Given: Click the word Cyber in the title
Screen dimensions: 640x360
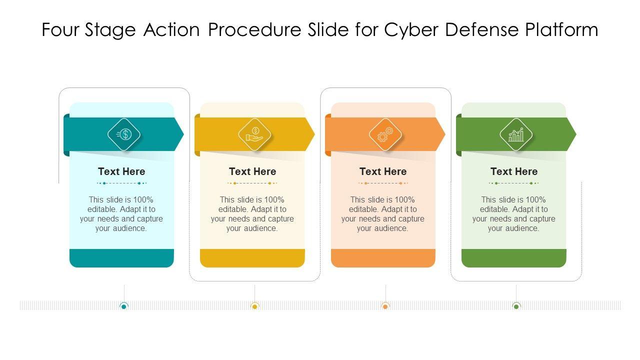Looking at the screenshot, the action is pyautogui.click(x=411, y=29).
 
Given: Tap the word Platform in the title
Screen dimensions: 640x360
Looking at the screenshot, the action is pyautogui.click(x=561, y=29).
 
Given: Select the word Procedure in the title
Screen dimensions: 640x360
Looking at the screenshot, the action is pyautogui.click(x=254, y=29).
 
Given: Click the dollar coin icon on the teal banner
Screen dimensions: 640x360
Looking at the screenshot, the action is pyautogui.click(x=124, y=134).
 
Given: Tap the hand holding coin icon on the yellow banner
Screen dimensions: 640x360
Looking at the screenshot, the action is pyautogui.click(x=254, y=134).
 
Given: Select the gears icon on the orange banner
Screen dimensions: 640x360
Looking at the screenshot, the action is pyautogui.click(x=385, y=134).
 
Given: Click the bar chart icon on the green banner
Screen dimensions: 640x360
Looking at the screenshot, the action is pyautogui.click(x=516, y=134).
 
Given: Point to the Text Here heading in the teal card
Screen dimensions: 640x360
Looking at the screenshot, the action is pyautogui.click(x=121, y=171).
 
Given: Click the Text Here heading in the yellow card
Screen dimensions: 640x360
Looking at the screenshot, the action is pyautogui.click(x=252, y=171).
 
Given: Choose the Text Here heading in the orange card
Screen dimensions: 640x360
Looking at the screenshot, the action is pyautogui.click(x=383, y=171).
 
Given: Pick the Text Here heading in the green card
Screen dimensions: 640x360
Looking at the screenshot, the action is pyautogui.click(x=514, y=171).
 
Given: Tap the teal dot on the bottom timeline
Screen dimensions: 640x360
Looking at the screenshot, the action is pyautogui.click(x=123, y=306).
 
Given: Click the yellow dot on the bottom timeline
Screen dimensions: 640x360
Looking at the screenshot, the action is pyautogui.click(x=254, y=306).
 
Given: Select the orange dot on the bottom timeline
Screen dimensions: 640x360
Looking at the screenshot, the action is pyautogui.click(x=385, y=306).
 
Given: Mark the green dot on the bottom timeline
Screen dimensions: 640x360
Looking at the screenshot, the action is pyautogui.click(x=516, y=306).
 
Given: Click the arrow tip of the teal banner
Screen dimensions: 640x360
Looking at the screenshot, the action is pyautogui.click(x=183, y=134).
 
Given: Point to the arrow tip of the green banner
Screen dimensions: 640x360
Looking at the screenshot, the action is pyautogui.click(x=576, y=134).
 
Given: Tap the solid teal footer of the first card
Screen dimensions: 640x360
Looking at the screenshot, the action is pyautogui.click(x=121, y=258).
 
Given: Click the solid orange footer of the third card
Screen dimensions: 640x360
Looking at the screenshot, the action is pyautogui.click(x=383, y=258).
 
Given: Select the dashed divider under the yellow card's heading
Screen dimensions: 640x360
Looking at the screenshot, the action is pyautogui.click(x=252, y=183).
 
